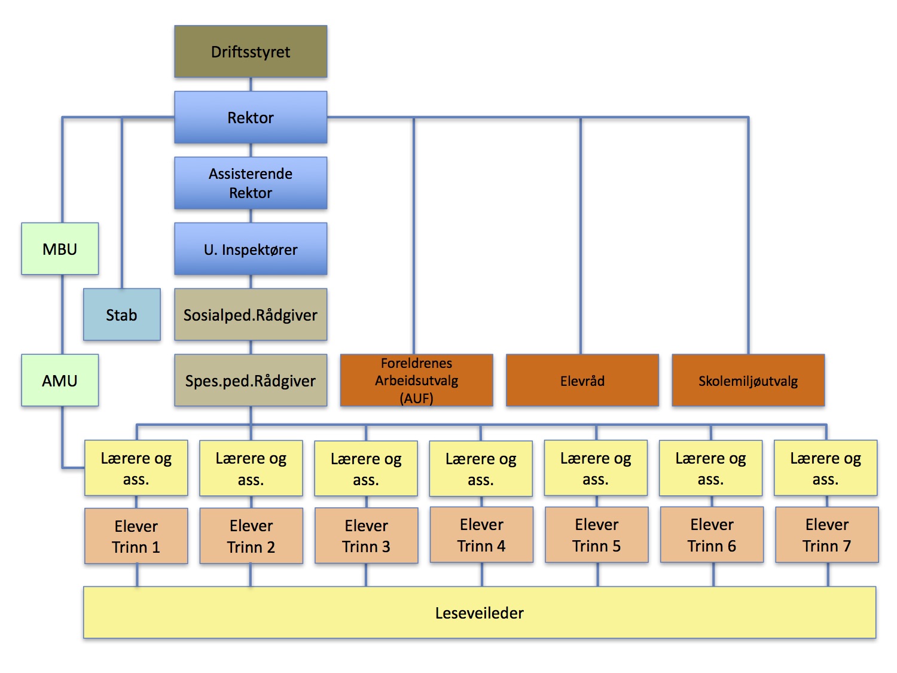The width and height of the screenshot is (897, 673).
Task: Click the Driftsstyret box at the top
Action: [251, 51]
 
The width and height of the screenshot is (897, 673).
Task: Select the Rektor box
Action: [251, 117]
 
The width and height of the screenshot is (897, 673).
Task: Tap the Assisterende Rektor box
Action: [251, 183]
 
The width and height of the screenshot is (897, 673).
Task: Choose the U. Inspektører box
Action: [251, 249]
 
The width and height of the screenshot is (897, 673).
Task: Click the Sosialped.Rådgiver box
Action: [251, 315]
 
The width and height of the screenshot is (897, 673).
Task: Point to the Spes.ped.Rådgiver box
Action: [251, 380]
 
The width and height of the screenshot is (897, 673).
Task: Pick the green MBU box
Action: [60, 249]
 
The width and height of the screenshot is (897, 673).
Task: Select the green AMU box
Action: [60, 380]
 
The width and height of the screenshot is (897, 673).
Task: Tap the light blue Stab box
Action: [121, 315]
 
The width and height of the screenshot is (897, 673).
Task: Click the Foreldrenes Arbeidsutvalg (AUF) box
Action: [416, 380]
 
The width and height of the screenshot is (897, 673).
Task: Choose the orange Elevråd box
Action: [582, 380]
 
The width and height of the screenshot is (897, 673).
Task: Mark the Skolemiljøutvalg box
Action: [748, 380]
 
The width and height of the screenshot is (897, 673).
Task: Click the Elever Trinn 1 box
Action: [136, 536]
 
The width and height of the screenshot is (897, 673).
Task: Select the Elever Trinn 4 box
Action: [481, 535]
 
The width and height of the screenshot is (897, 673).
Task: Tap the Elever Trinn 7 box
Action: [826, 535]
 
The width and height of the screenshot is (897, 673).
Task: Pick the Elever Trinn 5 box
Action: [596, 535]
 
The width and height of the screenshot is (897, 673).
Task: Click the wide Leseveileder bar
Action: [480, 613]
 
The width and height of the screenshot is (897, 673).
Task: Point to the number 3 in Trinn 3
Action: [386, 547]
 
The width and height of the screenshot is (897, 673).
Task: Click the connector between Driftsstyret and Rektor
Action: [251, 84]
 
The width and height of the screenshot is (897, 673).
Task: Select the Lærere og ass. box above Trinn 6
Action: [710, 468]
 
